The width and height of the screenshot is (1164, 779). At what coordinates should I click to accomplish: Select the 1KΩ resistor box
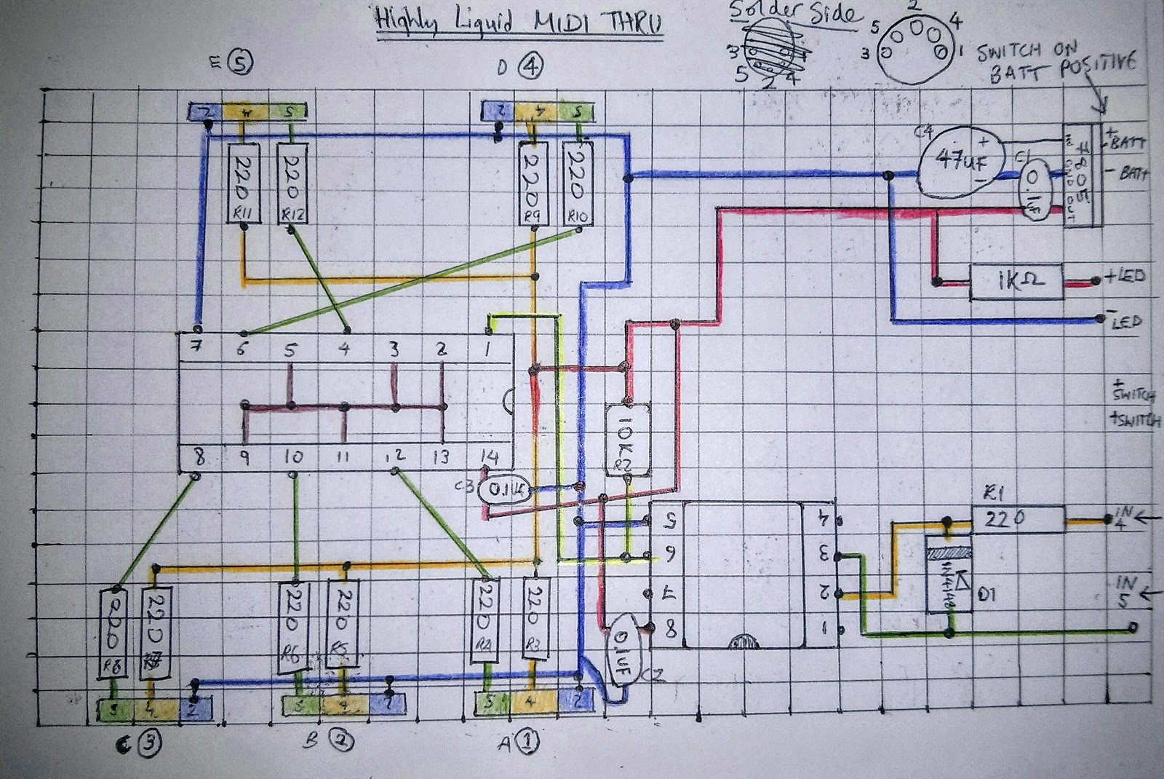pyautogui.click(x=1016, y=282)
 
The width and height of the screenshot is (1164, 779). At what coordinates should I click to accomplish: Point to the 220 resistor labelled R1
pyautogui.click(x=1018, y=518)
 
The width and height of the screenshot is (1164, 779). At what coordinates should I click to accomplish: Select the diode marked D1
pyautogui.click(x=949, y=575)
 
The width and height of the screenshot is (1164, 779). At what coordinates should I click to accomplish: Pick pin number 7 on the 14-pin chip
pyautogui.click(x=196, y=348)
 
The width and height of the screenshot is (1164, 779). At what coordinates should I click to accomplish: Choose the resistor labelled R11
pyautogui.click(x=243, y=183)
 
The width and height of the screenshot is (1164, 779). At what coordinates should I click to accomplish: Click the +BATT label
pyautogui.click(x=1128, y=142)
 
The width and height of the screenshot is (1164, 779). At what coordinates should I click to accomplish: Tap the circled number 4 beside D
pyautogui.click(x=530, y=66)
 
